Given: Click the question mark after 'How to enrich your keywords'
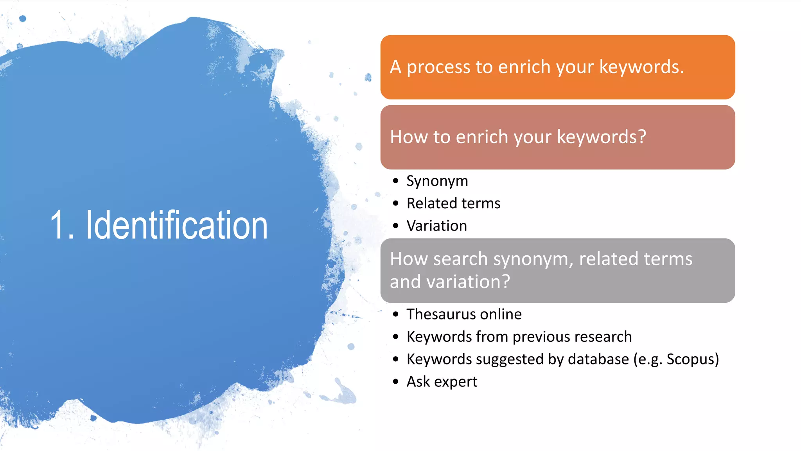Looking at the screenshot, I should [x=642, y=137].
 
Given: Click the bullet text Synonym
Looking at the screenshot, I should [x=437, y=181].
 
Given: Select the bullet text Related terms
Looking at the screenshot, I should [x=453, y=203].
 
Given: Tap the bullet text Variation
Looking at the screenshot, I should [x=436, y=226].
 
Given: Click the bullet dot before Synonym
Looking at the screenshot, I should [x=396, y=181].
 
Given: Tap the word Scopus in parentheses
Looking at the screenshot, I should [x=690, y=359].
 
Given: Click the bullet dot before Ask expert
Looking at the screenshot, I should [x=396, y=382].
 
